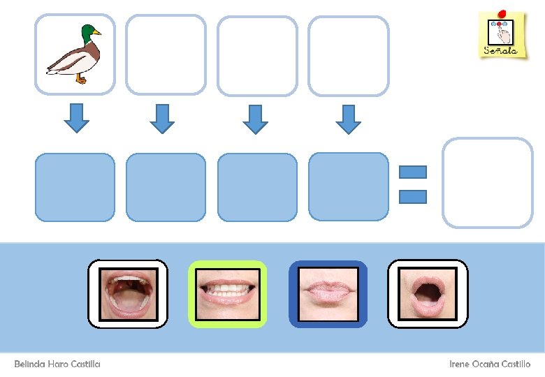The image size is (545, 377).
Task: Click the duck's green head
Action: coord(87,33)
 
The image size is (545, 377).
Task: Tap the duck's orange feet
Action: coord(82,80)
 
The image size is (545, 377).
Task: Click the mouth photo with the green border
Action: coord(228,294)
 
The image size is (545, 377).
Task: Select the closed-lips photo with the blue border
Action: coord(328,294)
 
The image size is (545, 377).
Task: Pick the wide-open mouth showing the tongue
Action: coord(127,294)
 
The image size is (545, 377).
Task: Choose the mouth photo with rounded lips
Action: coord(428,294)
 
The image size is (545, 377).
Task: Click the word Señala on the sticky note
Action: coord(500,51)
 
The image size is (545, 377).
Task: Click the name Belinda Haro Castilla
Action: coord(57,364)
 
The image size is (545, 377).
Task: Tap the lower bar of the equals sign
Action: coord(413,196)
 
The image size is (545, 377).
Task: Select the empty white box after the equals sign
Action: coord(488,183)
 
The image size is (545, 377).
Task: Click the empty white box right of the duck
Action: coord(166,54)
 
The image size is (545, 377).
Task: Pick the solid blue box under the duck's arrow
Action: coord(75,187)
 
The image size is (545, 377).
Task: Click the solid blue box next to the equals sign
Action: coord(348,187)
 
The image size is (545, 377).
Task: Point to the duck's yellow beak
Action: coord(97,32)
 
